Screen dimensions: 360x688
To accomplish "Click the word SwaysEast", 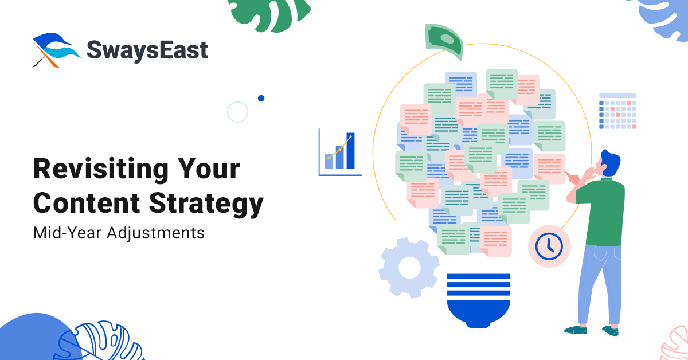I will [147, 50].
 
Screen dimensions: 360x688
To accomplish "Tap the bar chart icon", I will [340, 152].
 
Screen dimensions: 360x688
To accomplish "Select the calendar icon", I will [617, 111].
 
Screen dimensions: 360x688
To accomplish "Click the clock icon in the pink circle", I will [549, 246].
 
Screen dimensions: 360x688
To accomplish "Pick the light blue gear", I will [409, 267].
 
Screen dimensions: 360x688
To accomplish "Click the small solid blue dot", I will [261, 98].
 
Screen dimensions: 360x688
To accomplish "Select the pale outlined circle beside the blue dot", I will [237, 112].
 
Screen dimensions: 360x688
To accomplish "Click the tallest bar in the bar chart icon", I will [350, 150].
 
